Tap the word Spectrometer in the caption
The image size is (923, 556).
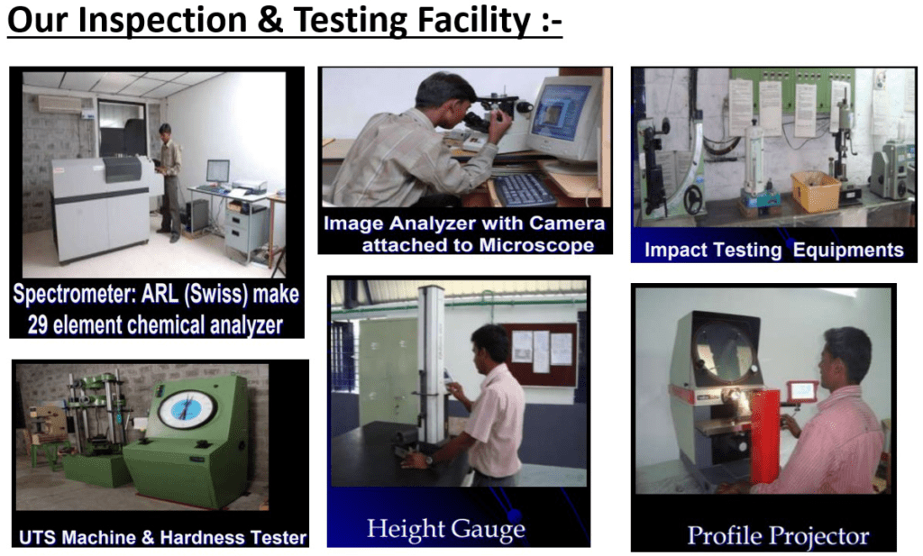tap(76, 294)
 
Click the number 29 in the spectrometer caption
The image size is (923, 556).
tap(38, 324)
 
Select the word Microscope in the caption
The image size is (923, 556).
tap(536, 245)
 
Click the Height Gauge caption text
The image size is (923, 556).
tap(445, 529)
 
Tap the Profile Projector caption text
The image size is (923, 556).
tap(778, 536)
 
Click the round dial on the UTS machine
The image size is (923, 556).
tap(187, 409)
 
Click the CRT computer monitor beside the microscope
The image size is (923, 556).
tap(565, 119)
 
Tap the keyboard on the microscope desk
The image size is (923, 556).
tap(523, 189)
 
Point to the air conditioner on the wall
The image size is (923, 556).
tap(59, 104)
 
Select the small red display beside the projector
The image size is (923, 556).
tap(803, 391)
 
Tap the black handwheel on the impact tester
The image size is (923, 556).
tap(694, 200)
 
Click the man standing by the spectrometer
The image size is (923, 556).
tap(169, 182)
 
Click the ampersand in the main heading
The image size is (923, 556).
tap(270, 20)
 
